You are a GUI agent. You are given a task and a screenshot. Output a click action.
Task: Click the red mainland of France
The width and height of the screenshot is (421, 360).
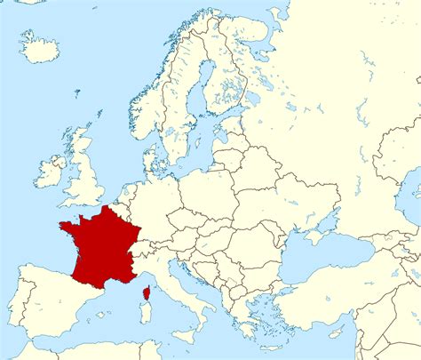(102, 244)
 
